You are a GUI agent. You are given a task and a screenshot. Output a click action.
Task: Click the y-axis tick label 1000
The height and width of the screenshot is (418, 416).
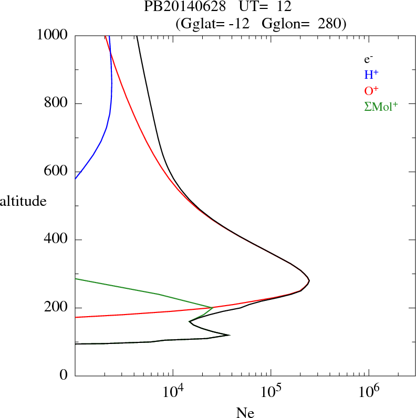point(53,35)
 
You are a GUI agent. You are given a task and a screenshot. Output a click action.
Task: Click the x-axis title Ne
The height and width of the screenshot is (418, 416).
point(245,413)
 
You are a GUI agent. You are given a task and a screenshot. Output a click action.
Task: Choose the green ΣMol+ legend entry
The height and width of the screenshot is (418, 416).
point(381,106)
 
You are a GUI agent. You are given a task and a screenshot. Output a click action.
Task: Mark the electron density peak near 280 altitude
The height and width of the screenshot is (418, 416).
point(309,281)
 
